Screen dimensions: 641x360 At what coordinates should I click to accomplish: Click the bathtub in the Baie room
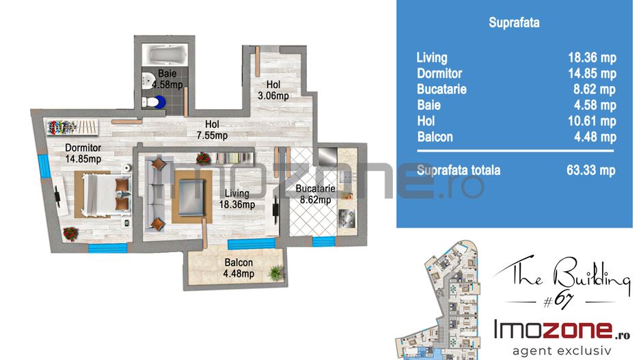164,55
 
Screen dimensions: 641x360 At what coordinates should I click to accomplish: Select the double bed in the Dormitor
103,195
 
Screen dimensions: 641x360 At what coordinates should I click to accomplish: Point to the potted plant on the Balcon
276,273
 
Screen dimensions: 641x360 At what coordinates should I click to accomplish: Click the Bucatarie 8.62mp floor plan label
315,194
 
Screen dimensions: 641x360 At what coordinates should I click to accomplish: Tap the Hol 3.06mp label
273,90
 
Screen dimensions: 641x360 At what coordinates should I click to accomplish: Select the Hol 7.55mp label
212,130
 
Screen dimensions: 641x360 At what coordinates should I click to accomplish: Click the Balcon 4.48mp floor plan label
238,268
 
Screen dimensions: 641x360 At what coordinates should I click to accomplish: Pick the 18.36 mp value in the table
592,57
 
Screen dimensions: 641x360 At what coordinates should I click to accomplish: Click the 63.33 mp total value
591,170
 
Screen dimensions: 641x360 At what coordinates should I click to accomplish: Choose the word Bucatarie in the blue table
441,89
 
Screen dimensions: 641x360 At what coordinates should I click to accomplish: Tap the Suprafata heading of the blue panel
514,22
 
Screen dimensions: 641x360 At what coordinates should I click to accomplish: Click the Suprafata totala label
459,170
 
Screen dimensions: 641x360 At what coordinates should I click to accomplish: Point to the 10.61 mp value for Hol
592,121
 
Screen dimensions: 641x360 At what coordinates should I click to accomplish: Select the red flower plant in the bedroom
70,234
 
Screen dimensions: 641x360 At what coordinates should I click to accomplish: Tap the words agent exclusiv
562,350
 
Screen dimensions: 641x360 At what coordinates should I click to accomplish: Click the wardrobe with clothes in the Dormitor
72,127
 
